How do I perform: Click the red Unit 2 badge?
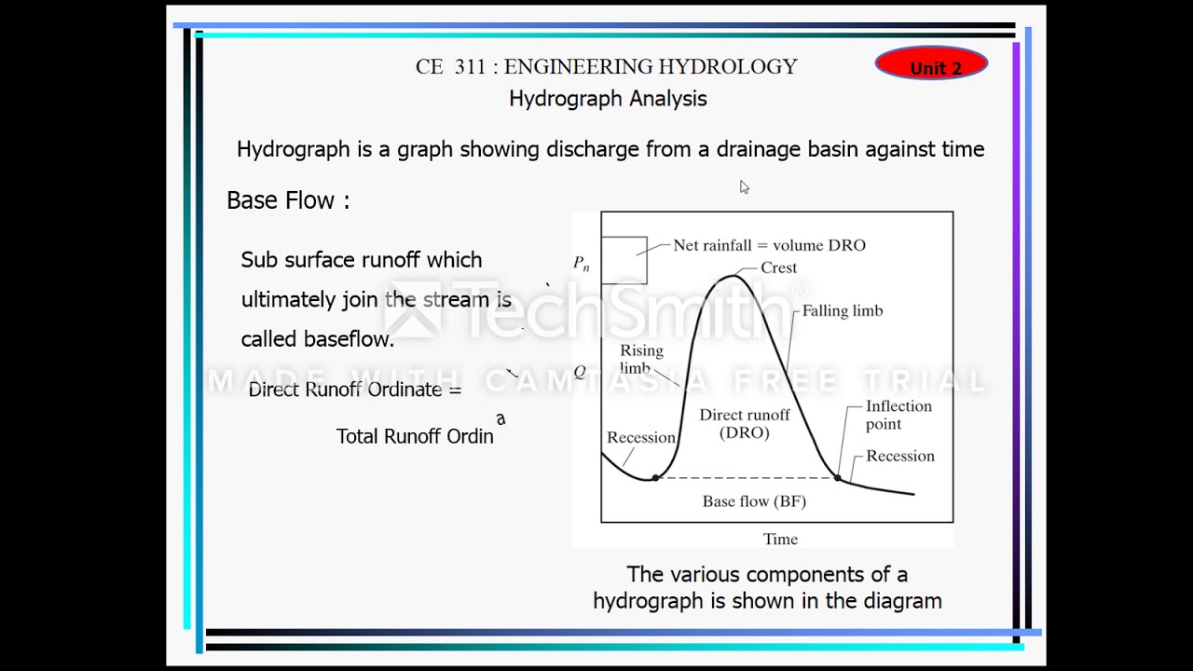931,64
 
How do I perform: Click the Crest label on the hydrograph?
778,268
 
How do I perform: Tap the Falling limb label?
843,311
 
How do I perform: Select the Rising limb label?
641,359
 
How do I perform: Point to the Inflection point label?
898,415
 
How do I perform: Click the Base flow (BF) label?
754,501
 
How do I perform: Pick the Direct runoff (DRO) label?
745,424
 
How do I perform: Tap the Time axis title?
780,540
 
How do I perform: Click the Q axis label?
580,372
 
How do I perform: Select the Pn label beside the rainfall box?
582,264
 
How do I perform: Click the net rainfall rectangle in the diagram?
624,260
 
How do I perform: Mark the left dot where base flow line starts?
655,478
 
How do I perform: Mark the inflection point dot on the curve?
837,478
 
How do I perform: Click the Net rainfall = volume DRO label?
769,246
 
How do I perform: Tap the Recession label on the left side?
640,438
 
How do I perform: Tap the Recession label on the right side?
899,457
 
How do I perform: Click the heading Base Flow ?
288,200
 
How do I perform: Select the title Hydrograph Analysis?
608,99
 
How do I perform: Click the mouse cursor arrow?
744,187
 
